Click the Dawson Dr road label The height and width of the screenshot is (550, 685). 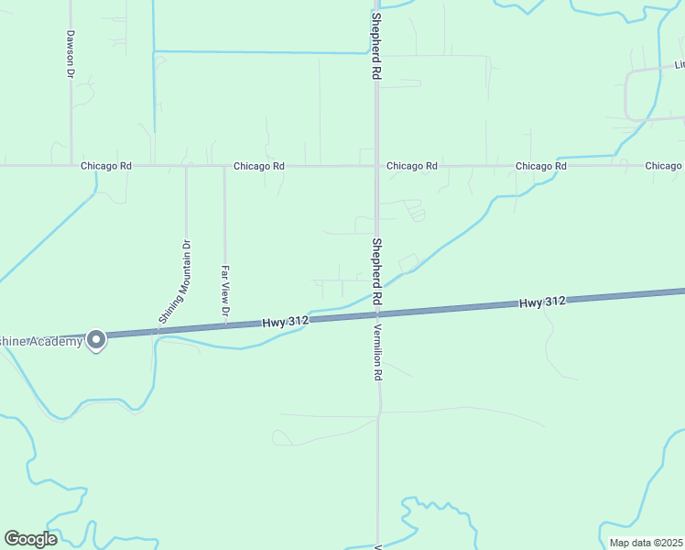(x=70, y=54)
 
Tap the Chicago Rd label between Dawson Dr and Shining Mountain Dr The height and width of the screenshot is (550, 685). (x=106, y=166)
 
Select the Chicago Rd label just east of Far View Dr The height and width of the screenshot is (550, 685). (x=259, y=166)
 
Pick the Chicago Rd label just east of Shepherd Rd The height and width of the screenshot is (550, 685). (x=412, y=166)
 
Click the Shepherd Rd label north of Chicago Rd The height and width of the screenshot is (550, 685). (x=375, y=45)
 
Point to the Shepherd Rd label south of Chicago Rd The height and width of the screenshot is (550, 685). (x=376, y=271)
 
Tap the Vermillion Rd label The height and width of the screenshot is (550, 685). (x=376, y=353)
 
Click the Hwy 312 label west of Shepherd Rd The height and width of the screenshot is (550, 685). (x=285, y=322)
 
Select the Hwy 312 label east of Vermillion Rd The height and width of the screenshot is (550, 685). (x=542, y=302)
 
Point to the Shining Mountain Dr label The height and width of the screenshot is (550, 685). (x=174, y=280)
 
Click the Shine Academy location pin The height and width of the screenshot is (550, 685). (x=96, y=340)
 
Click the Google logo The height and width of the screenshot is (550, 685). (x=30, y=539)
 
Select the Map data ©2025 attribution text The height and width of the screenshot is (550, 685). (x=645, y=543)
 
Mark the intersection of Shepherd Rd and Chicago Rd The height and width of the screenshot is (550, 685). (x=376, y=166)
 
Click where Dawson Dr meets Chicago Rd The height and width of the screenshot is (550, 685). (x=71, y=166)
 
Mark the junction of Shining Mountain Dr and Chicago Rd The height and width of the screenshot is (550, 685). (x=186, y=166)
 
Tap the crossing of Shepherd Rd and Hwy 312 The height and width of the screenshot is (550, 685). (x=376, y=314)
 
